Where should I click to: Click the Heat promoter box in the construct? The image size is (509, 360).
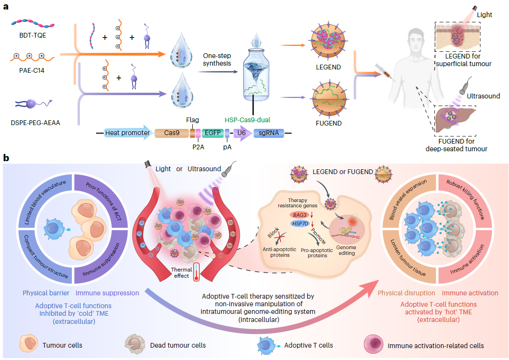[x=127, y=133]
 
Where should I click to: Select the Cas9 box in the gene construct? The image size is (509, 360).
[x=172, y=133]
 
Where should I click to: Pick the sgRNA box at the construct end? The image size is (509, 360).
[x=269, y=133]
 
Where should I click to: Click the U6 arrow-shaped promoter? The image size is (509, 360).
[x=243, y=133]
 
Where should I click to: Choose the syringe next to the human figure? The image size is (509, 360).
[x=383, y=72]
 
